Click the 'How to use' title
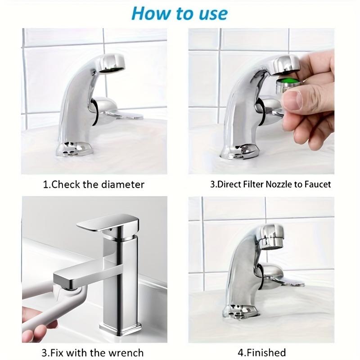pyautogui.click(x=180, y=13)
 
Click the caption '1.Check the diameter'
pyautogui.click(x=94, y=184)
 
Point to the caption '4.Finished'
pyautogui.click(x=261, y=352)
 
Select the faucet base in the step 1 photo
pyautogui.click(x=75, y=148)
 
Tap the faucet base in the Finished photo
pyautogui.click(x=240, y=311)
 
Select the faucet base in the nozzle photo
pyautogui.click(x=241, y=150)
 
